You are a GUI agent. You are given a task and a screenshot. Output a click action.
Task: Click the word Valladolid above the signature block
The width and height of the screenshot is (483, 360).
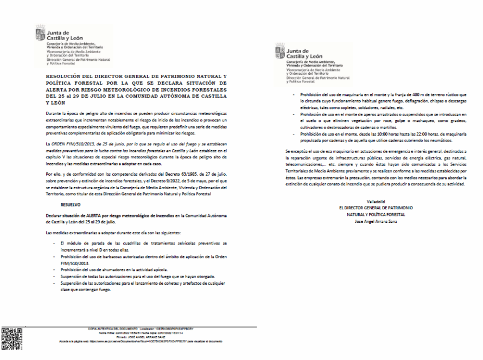(375, 202)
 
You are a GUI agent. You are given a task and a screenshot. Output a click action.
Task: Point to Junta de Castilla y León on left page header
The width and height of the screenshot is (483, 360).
(65, 36)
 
